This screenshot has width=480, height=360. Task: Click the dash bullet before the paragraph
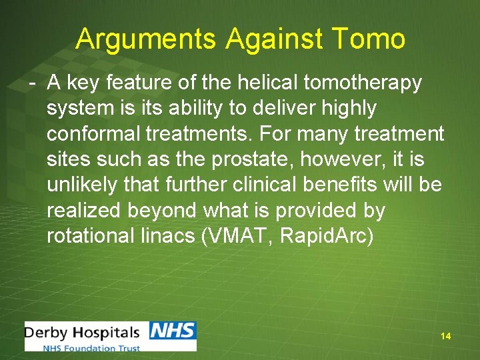point(31,83)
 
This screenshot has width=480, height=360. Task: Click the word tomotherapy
point(363,83)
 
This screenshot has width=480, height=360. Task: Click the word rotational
point(93,235)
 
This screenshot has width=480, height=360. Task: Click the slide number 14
point(445,337)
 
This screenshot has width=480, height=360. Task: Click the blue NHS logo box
point(172,331)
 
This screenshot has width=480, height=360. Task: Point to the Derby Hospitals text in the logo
point(83,332)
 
